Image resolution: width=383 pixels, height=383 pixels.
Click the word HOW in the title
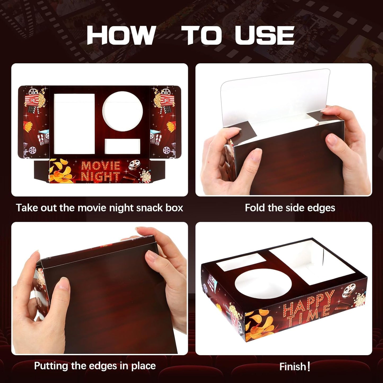click(121, 35)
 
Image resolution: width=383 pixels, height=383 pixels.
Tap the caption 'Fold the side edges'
click(290, 208)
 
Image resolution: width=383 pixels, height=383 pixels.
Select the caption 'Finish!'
click(294, 367)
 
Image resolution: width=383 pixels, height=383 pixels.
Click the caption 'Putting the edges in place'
click(95, 366)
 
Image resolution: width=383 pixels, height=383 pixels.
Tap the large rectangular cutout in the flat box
click(74, 124)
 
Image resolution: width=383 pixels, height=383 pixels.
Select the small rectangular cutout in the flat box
click(122, 146)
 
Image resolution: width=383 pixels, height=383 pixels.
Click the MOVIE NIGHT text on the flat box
click(100, 171)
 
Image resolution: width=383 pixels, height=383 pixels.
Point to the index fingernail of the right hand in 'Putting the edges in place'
click(152, 256)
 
